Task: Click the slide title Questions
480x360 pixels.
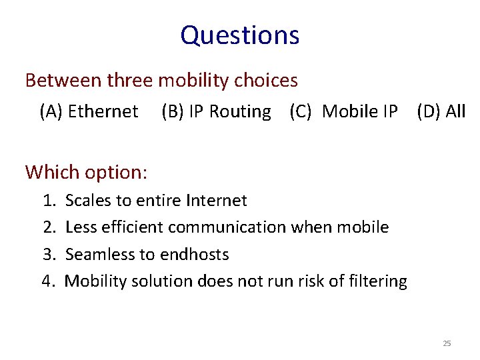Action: coord(239,35)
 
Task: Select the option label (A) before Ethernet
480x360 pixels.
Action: coord(52,111)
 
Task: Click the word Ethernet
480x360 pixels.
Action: coord(103,111)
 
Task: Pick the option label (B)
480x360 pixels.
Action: coord(173,111)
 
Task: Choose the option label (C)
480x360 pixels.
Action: coord(301,111)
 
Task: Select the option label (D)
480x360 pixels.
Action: coord(429,111)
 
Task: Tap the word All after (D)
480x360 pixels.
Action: coord(455,111)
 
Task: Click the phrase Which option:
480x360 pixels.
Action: coord(86,172)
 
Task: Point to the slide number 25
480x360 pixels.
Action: coord(447,344)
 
